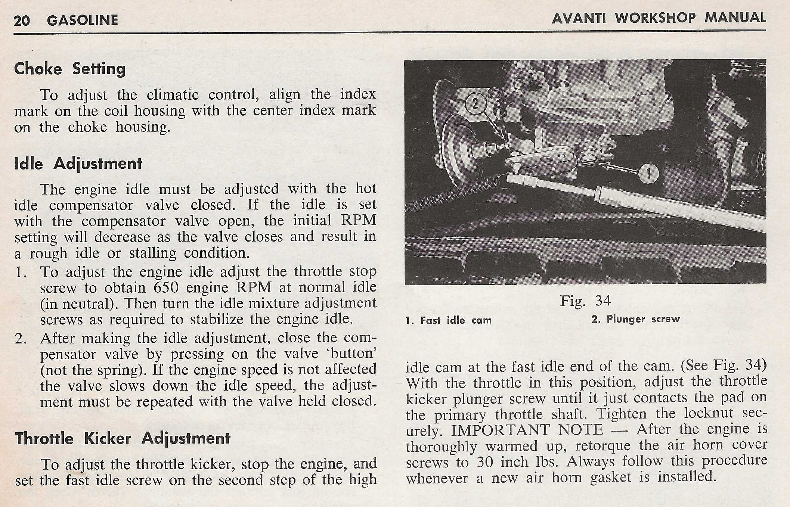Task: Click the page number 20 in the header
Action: (22, 20)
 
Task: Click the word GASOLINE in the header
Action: (83, 20)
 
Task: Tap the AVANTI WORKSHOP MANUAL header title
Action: (659, 18)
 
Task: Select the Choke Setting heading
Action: (70, 69)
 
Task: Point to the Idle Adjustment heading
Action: (78, 164)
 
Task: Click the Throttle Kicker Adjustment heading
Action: (123, 438)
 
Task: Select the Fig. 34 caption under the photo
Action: (585, 301)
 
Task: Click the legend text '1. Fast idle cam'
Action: (449, 320)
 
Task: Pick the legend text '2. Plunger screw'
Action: (636, 319)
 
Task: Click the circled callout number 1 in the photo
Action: (648, 174)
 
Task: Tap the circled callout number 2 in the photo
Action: (475, 104)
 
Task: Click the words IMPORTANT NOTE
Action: (527, 430)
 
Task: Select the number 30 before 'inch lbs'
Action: (485, 462)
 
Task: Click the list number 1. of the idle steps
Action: (21, 272)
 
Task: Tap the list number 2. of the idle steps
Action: (21, 338)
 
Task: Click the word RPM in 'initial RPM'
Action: (358, 220)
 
